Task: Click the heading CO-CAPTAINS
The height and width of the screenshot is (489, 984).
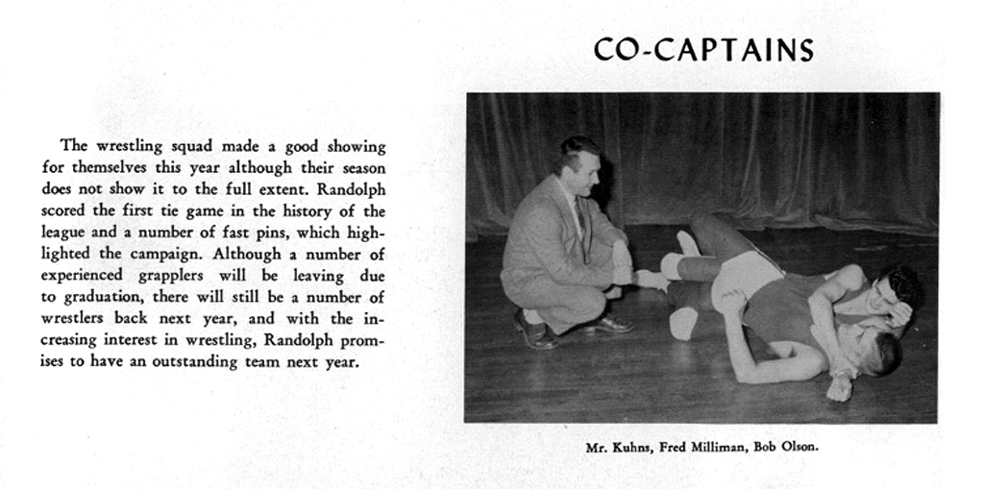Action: [703, 51]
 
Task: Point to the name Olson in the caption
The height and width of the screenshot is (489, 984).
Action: [799, 448]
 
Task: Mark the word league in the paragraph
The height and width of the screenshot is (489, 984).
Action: [63, 232]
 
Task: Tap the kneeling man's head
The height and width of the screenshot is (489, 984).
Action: [579, 164]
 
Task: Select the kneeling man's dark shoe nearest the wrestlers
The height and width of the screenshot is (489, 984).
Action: [607, 325]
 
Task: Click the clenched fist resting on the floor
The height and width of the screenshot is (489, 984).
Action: [840, 387]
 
